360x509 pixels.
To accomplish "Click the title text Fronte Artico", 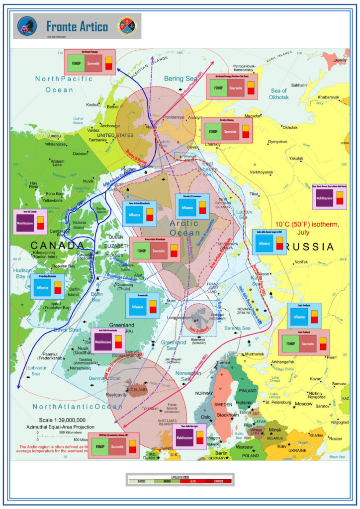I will tap(77, 26).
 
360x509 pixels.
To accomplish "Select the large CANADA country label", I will tap(57, 246).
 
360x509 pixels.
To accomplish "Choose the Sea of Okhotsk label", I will tap(279, 93).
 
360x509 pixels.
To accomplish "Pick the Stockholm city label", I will tap(228, 415).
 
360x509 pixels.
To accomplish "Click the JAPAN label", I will tap(339, 61).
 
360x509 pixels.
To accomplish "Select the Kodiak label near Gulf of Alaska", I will tap(92, 105).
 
